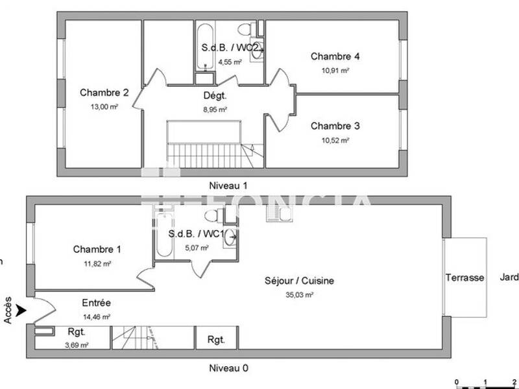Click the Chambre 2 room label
[x=104, y=93]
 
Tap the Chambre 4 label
[x=335, y=56]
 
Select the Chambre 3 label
[x=335, y=126]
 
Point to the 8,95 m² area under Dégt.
[x=215, y=110]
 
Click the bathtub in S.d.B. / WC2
[x=205, y=46]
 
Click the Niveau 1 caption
[x=228, y=185]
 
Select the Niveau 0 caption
[x=228, y=368]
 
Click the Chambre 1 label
[x=97, y=250]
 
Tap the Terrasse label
[x=465, y=277]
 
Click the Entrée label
[x=96, y=303]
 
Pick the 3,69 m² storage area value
[x=77, y=345]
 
